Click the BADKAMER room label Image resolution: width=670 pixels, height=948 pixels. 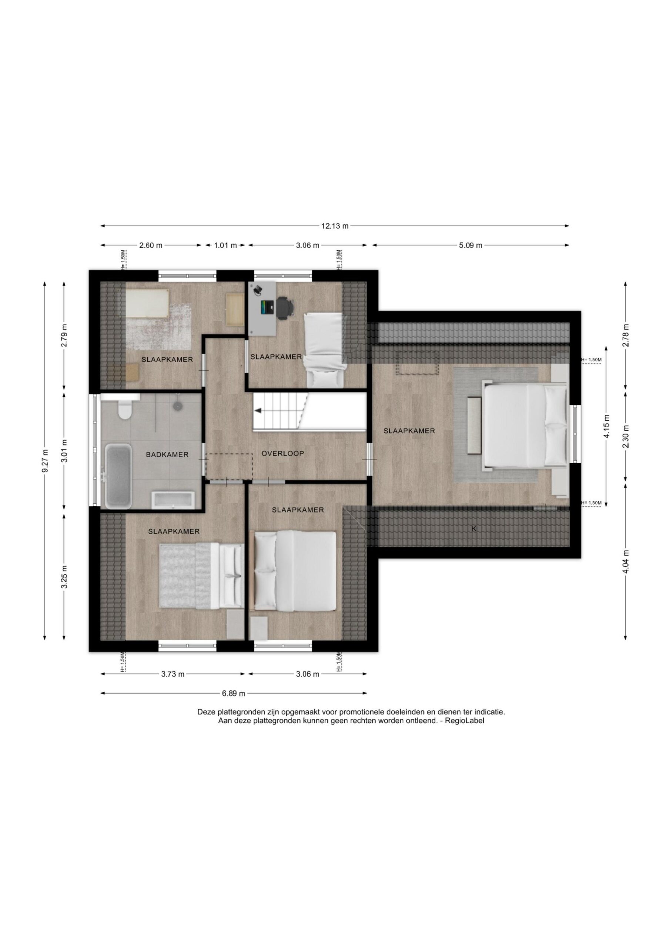(167, 455)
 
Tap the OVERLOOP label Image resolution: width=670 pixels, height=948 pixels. (283, 453)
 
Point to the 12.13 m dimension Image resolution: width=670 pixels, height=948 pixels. (335, 226)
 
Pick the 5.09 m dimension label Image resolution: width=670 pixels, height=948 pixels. (470, 245)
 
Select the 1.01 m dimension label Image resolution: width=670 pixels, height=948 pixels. (225, 245)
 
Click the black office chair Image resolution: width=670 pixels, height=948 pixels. (285, 308)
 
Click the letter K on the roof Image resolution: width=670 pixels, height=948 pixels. (474, 528)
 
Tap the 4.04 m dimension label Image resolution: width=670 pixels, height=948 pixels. (626, 561)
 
